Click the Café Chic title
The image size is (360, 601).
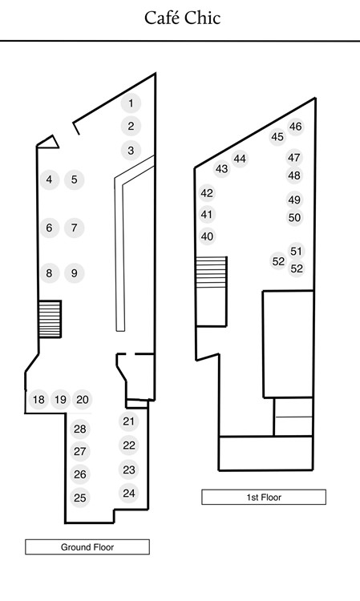click(183, 18)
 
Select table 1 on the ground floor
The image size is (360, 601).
click(131, 103)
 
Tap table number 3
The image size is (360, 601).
click(131, 151)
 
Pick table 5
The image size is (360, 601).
click(74, 179)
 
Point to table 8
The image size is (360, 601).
click(49, 273)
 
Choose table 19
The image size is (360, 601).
click(60, 400)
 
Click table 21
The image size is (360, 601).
click(128, 422)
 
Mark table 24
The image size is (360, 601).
click(129, 494)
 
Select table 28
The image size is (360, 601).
click(80, 429)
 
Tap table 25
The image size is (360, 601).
click(80, 498)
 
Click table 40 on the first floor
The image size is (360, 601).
click(207, 236)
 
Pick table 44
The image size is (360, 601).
click(240, 159)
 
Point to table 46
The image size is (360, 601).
click(295, 127)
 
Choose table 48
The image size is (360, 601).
click(294, 175)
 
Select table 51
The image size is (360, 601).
click(296, 252)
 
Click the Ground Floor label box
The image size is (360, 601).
click(87, 547)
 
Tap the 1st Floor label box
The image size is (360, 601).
click(264, 497)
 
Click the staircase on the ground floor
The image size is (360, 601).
click(50, 319)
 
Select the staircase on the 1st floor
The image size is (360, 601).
click(211, 272)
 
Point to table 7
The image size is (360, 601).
click(74, 228)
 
